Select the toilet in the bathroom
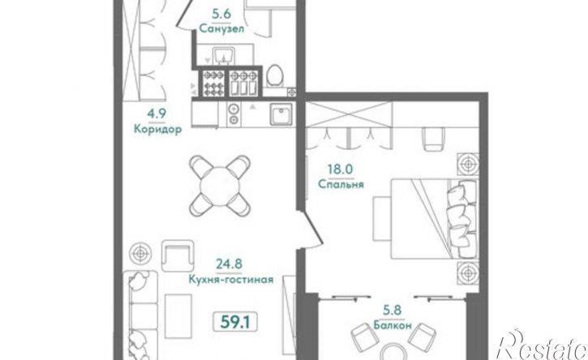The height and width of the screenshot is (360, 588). click(x=274, y=77)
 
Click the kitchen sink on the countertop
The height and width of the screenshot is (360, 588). click(x=281, y=114)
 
